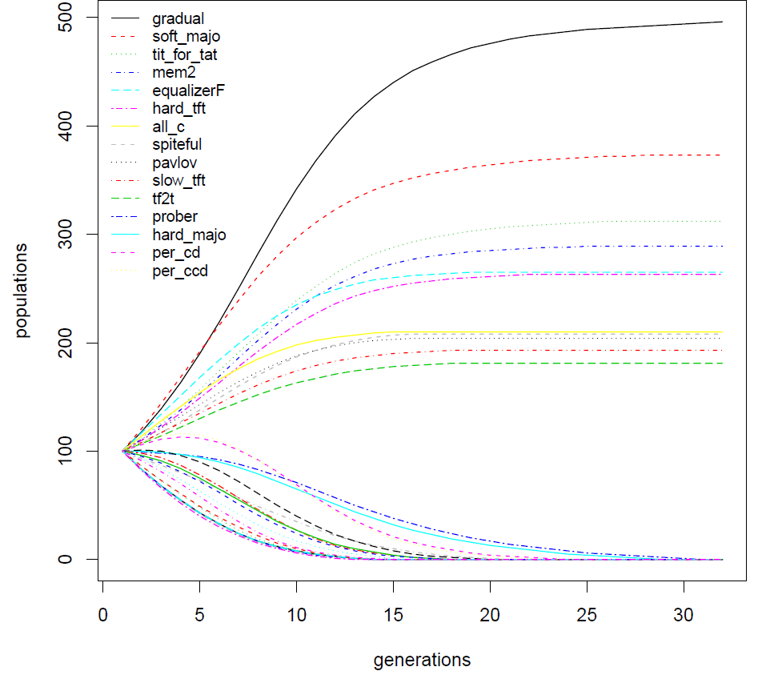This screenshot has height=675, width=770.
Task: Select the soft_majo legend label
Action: click(x=186, y=37)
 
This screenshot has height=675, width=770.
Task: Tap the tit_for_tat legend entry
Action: click(x=184, y=55)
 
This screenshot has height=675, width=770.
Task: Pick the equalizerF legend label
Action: click(x=187, y=90)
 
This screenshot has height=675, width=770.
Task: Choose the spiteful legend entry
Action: click(x=176, y=145)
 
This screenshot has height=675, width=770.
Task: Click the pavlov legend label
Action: click(x=172, y=163)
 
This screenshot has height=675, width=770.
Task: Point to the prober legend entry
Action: click(x=174, y=217)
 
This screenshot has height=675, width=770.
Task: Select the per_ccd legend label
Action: click(x=179, y=271)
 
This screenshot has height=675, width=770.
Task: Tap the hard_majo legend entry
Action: click(x=189, y=235)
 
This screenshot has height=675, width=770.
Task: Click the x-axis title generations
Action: click(x=422, y=661)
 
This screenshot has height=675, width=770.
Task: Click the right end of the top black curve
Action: click(x=721, y=22)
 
